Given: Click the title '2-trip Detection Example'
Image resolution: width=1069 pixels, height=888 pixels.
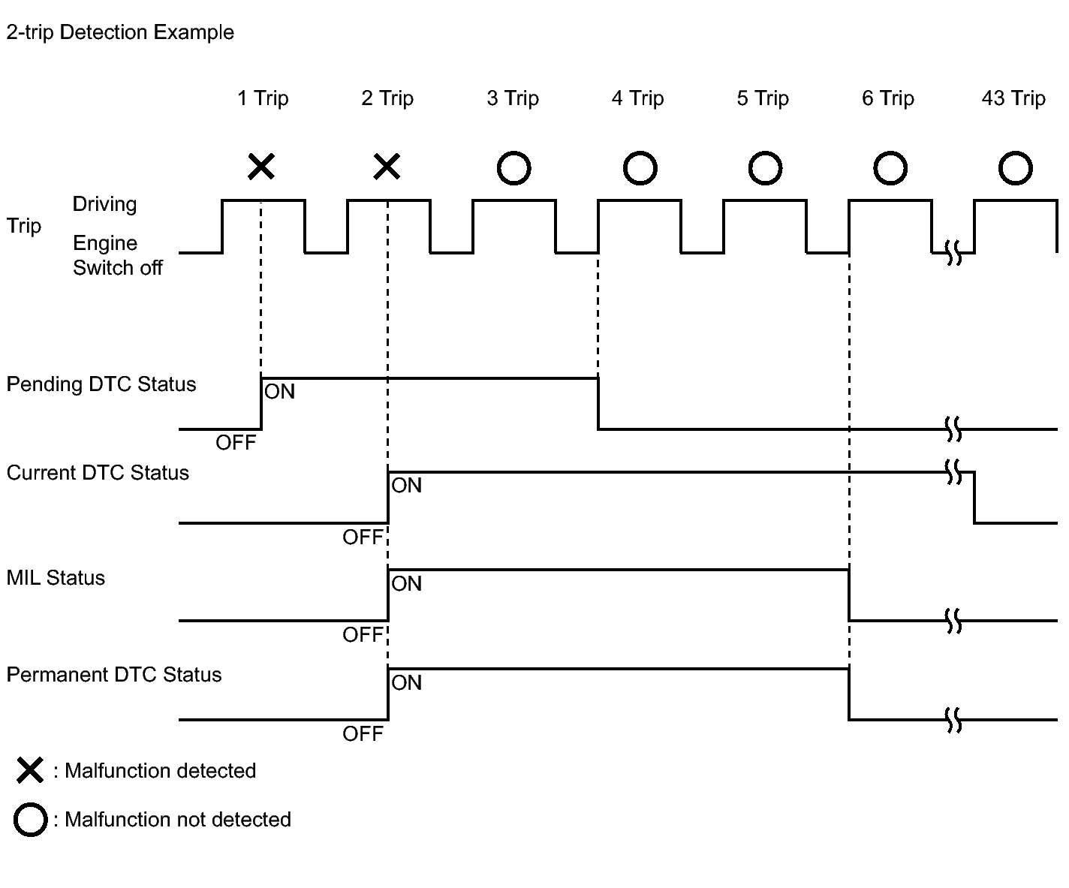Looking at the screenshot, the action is (x=120, y=33).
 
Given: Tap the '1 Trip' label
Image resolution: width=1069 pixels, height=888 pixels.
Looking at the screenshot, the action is (x=263, y=98).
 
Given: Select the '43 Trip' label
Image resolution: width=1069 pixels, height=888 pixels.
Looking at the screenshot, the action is (x=1013, y=98).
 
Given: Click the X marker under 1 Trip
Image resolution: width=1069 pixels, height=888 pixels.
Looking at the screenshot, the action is (x=261, y=167).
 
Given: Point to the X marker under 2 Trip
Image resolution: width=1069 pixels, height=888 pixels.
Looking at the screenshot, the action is (x=387, y=167).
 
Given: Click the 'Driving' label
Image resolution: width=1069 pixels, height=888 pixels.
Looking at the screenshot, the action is (x=104, y=204).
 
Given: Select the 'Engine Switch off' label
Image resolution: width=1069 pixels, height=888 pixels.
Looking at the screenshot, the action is (x=118, y=255).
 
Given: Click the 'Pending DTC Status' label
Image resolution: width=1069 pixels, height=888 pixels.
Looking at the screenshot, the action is (x=101, y=384).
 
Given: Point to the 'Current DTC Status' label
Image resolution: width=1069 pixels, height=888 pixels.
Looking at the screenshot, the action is (x=98, y=473).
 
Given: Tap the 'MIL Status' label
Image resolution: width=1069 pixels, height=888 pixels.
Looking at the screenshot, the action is (x=56, y=578).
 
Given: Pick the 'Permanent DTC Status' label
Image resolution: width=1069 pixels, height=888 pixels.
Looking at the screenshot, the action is (x=113, y=675).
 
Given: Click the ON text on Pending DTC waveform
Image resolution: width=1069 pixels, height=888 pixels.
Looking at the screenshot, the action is (x=279, y=392).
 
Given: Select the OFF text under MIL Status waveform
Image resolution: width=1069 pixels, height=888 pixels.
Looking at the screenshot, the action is (x=363, y=635).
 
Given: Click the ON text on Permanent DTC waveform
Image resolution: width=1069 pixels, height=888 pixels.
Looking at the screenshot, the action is (x=407, y=683).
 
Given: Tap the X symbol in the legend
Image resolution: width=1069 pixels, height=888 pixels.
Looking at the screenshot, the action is (x=30, y=771).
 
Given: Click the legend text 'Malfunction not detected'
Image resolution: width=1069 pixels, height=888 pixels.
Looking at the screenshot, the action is (x=178, y=820).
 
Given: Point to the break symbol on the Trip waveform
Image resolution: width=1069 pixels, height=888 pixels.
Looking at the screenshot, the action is (x=953, y=252).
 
